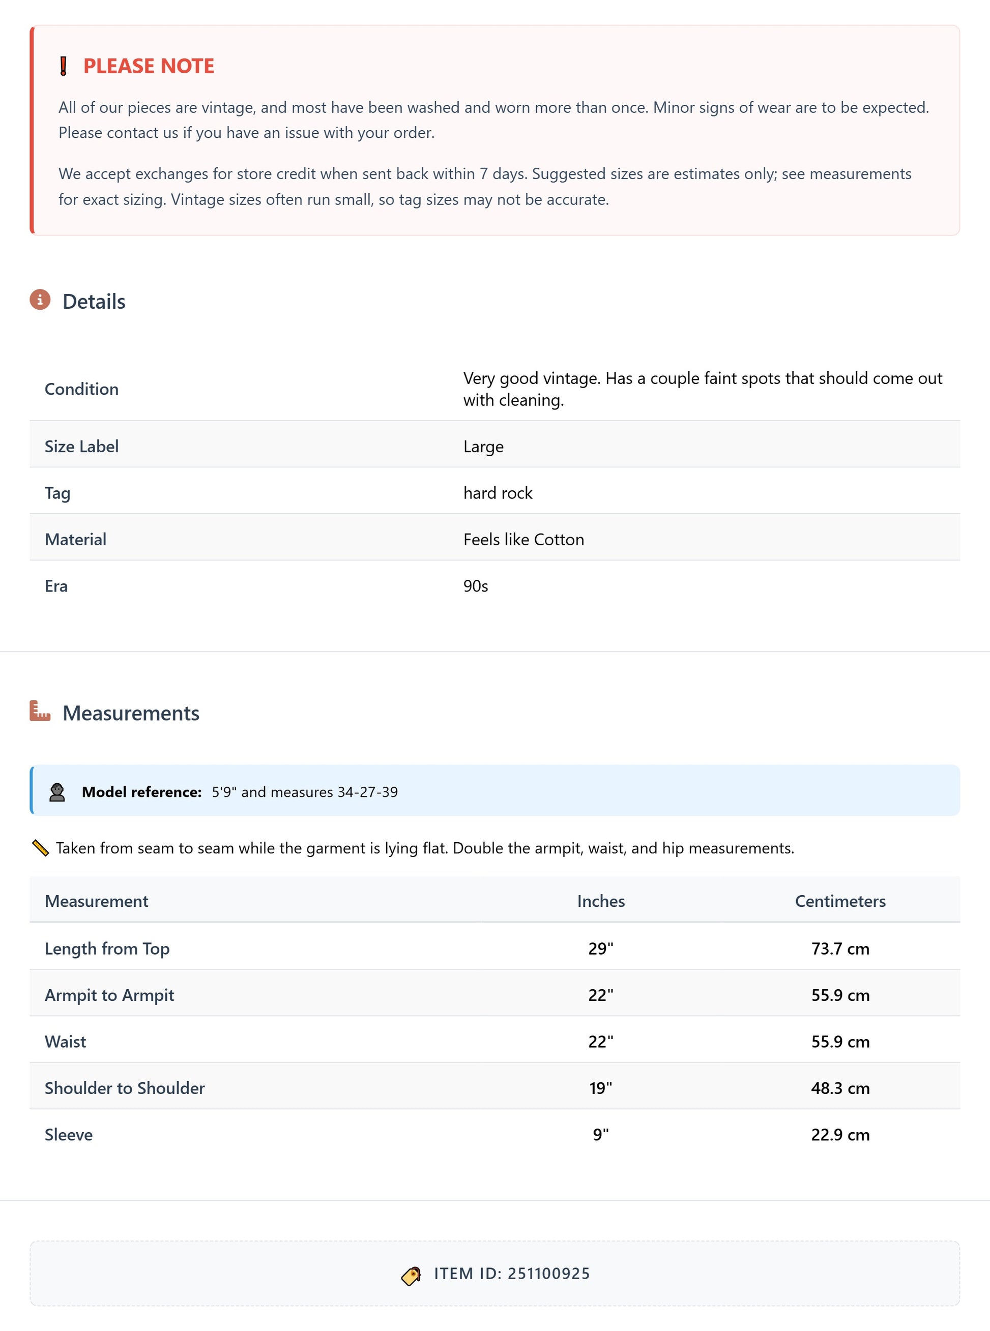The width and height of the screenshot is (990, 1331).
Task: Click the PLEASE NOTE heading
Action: point(148,66)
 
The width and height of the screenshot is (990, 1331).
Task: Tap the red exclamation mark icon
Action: point(64,66)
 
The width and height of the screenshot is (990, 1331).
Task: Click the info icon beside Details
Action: point(40,300)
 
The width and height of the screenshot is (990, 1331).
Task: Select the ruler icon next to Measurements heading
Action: point(40,711)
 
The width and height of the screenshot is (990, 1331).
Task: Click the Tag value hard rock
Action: point(498,493)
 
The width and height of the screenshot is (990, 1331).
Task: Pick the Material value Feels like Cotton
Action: point(523,540)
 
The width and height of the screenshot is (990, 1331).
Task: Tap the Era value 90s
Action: point(475,586)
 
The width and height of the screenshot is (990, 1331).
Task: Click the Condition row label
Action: point(81,390)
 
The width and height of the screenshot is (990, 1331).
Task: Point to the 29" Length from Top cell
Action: point(600,949)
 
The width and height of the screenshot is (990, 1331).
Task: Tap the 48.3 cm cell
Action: point(839,1088)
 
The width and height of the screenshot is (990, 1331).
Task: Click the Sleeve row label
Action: point(68,1135)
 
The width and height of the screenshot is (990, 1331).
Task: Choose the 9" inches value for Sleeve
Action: point(600,1135)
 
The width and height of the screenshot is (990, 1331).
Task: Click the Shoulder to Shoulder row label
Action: point(125,1088)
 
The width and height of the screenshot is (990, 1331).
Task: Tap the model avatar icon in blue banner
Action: point(57,792)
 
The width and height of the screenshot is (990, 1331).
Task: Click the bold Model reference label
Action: point(141,792)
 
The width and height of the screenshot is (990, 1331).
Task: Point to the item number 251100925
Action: point(548,1274)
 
